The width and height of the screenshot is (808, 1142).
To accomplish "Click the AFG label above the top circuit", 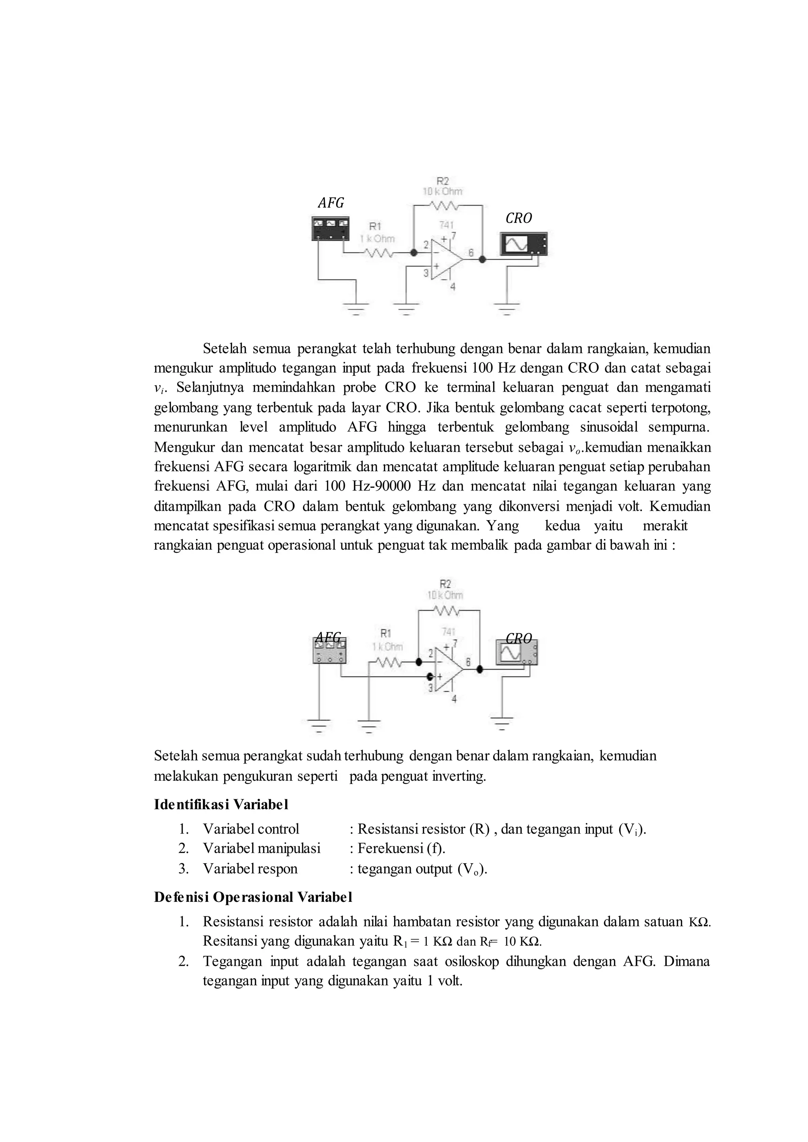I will (x=331, y=203).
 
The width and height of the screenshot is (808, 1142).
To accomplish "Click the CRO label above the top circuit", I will (x=518, y=218).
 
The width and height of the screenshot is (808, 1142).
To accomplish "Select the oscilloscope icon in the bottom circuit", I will (x=517, y=653).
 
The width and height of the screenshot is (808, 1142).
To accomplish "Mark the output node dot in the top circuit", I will (x=482, y=259).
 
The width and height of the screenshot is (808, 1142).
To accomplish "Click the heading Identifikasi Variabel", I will (x=221, y=804).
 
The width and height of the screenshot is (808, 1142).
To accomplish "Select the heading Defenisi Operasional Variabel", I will (x=253, y=897).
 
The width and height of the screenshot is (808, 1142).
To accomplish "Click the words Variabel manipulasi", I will (x=261, y=848).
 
